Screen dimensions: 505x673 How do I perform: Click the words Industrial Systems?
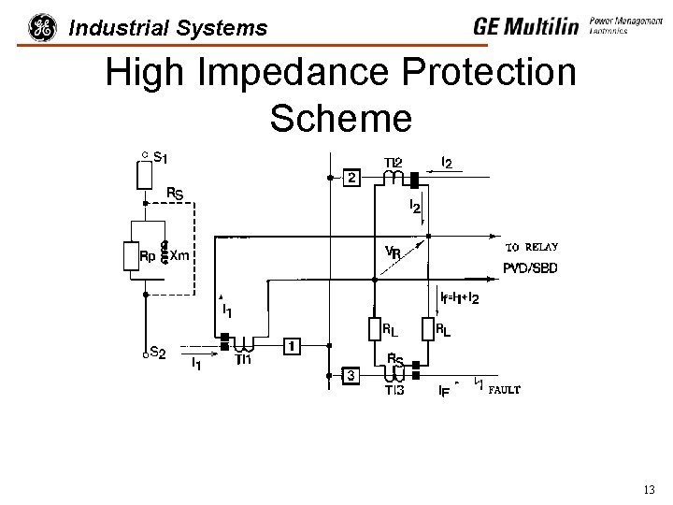coord(168,28)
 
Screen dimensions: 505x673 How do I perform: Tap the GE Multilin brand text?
coord(526,26)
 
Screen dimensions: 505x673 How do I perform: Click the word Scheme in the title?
coord(340,118)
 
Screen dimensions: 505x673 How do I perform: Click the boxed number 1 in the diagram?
coord(292,347)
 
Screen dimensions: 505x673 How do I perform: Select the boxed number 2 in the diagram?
coord(351,178)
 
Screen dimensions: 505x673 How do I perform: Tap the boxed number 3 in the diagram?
coord(351,376)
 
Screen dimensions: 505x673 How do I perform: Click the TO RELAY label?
coord(531,248)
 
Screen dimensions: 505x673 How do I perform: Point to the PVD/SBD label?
coord(531,268)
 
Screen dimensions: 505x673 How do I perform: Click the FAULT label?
coord(503,389)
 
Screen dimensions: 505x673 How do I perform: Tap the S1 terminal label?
coord(160,158)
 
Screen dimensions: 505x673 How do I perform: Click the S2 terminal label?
coord(159,353)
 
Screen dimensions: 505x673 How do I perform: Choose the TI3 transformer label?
coord(394,391)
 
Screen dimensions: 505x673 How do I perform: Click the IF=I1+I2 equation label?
coord(460,298)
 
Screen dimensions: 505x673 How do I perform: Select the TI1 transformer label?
coord(244,359)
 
